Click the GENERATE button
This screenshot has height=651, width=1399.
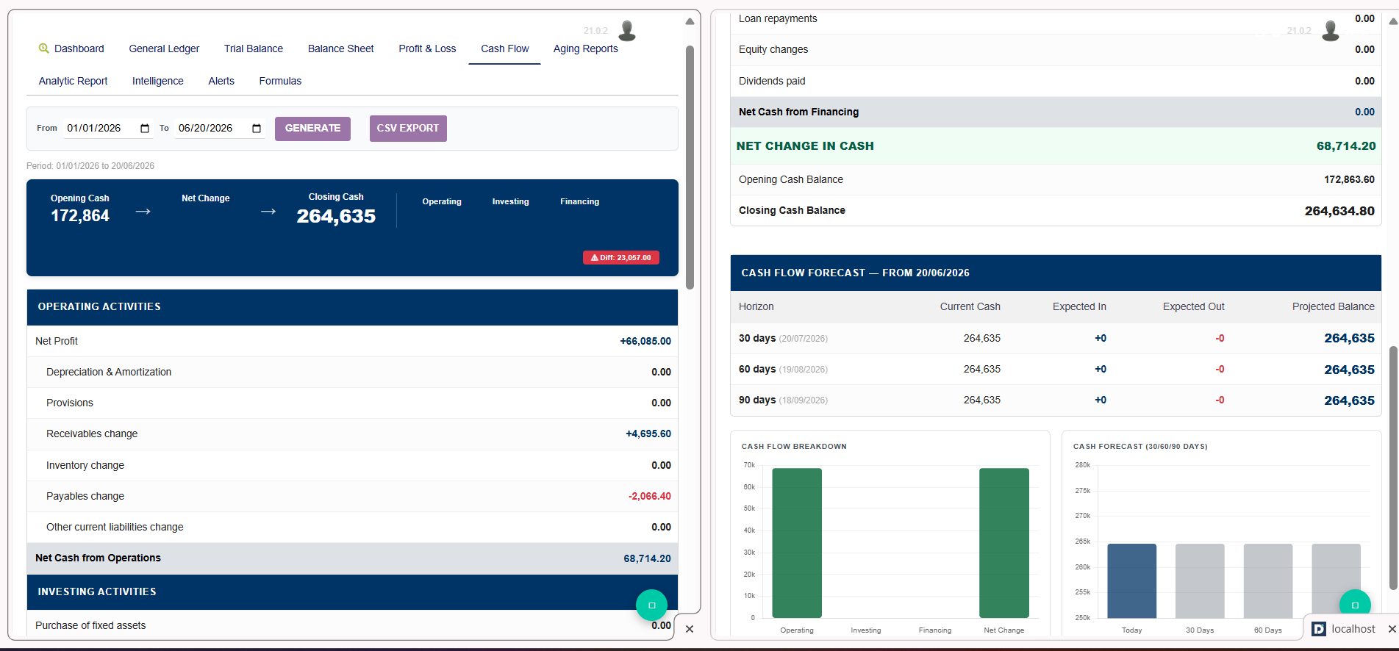coord(312,129)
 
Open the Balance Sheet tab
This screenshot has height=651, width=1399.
coord(340,48)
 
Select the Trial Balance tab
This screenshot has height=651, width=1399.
coord(254,48)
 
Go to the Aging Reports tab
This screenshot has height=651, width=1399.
coord(586,48)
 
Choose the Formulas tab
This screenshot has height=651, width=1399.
coord(280,81)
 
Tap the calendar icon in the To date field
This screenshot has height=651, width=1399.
coord(257,129)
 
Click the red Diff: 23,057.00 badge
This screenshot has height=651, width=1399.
coord(621,258)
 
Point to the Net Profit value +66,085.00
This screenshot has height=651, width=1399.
coord(645,341)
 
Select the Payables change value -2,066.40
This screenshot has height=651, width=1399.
coord(650,496)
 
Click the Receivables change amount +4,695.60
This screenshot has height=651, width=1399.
coord(648,434)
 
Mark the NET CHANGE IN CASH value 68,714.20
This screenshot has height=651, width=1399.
coord(1346,145)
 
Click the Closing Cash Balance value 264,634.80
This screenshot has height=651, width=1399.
coord(1339,211)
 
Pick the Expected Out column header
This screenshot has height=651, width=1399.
coord(1194,306)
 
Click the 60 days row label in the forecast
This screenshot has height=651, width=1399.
coord(757,369)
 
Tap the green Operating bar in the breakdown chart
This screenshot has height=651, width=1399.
coord(797,543)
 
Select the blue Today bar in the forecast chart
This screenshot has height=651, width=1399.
coord(1132,580)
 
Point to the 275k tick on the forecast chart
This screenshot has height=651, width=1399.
coord(1083,490)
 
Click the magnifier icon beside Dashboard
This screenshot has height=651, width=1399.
coord(44,48)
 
